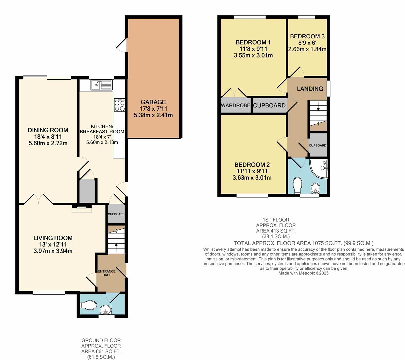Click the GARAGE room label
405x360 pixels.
(153, 102)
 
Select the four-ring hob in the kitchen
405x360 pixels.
(119, 105)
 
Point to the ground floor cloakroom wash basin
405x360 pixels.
(106, 311)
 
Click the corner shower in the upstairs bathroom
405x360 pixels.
(319, 168)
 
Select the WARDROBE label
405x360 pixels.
(235, 106)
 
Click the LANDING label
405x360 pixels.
(310, 89)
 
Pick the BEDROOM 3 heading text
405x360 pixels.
(307, 37)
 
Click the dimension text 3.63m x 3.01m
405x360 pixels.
(252, 178)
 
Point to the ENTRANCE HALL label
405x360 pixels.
(106, 273)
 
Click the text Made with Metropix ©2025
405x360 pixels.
(303, 273)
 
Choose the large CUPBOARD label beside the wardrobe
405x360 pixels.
(269, 106)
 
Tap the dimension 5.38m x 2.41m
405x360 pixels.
(153, 115)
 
